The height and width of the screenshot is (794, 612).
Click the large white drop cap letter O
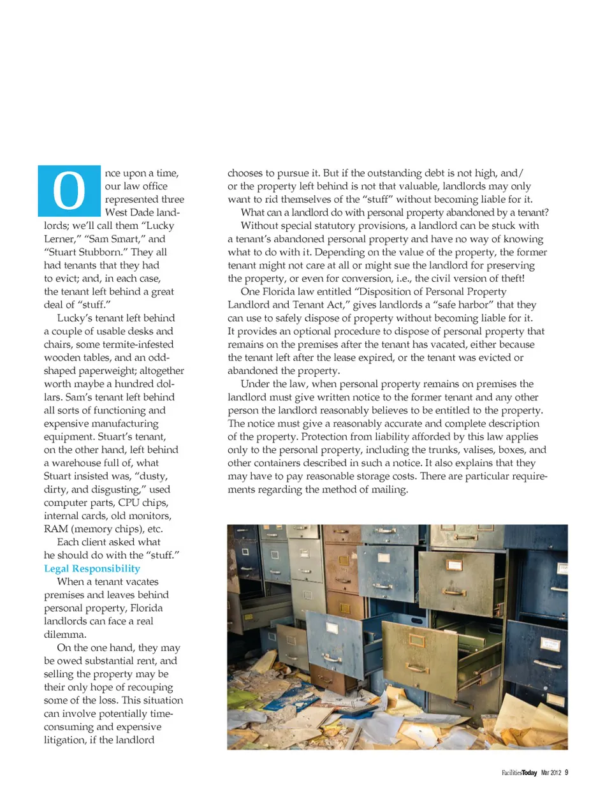pos(69,191)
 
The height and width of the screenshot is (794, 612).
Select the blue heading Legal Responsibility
pos(92,568)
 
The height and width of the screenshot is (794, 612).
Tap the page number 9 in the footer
pos(566,772)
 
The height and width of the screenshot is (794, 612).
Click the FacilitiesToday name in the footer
pos(519,773)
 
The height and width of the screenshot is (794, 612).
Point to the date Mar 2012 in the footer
pos(551,773)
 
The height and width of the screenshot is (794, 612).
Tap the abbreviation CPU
pos(128,503)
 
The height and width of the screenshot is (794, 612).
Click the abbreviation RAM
pos(55,529)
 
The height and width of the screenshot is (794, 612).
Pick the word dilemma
pos(64,635)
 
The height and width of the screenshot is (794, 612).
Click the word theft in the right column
pos(508,278)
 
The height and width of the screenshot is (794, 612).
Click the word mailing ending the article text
pos(388,489)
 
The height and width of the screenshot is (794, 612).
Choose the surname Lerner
pos(59,239)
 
